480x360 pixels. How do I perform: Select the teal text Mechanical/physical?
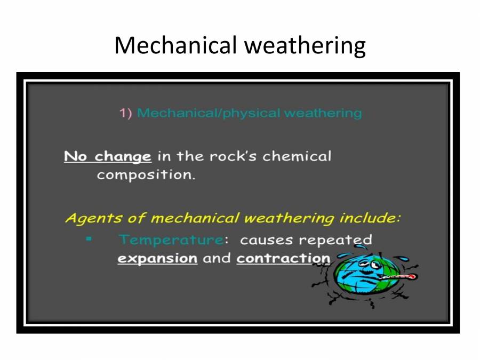click(209, 113)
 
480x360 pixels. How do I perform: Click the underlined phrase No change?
click(107, 157)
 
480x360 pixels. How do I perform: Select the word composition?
click(146, 175)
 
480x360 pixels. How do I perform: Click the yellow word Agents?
click(88, 219)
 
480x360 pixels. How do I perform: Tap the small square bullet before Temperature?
click(89, 239)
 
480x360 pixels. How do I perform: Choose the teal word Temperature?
click(170, 240)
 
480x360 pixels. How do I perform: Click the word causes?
click(267, 240)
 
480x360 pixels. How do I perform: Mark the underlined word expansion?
click(157, 259)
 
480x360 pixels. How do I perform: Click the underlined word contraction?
click(283, 259)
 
